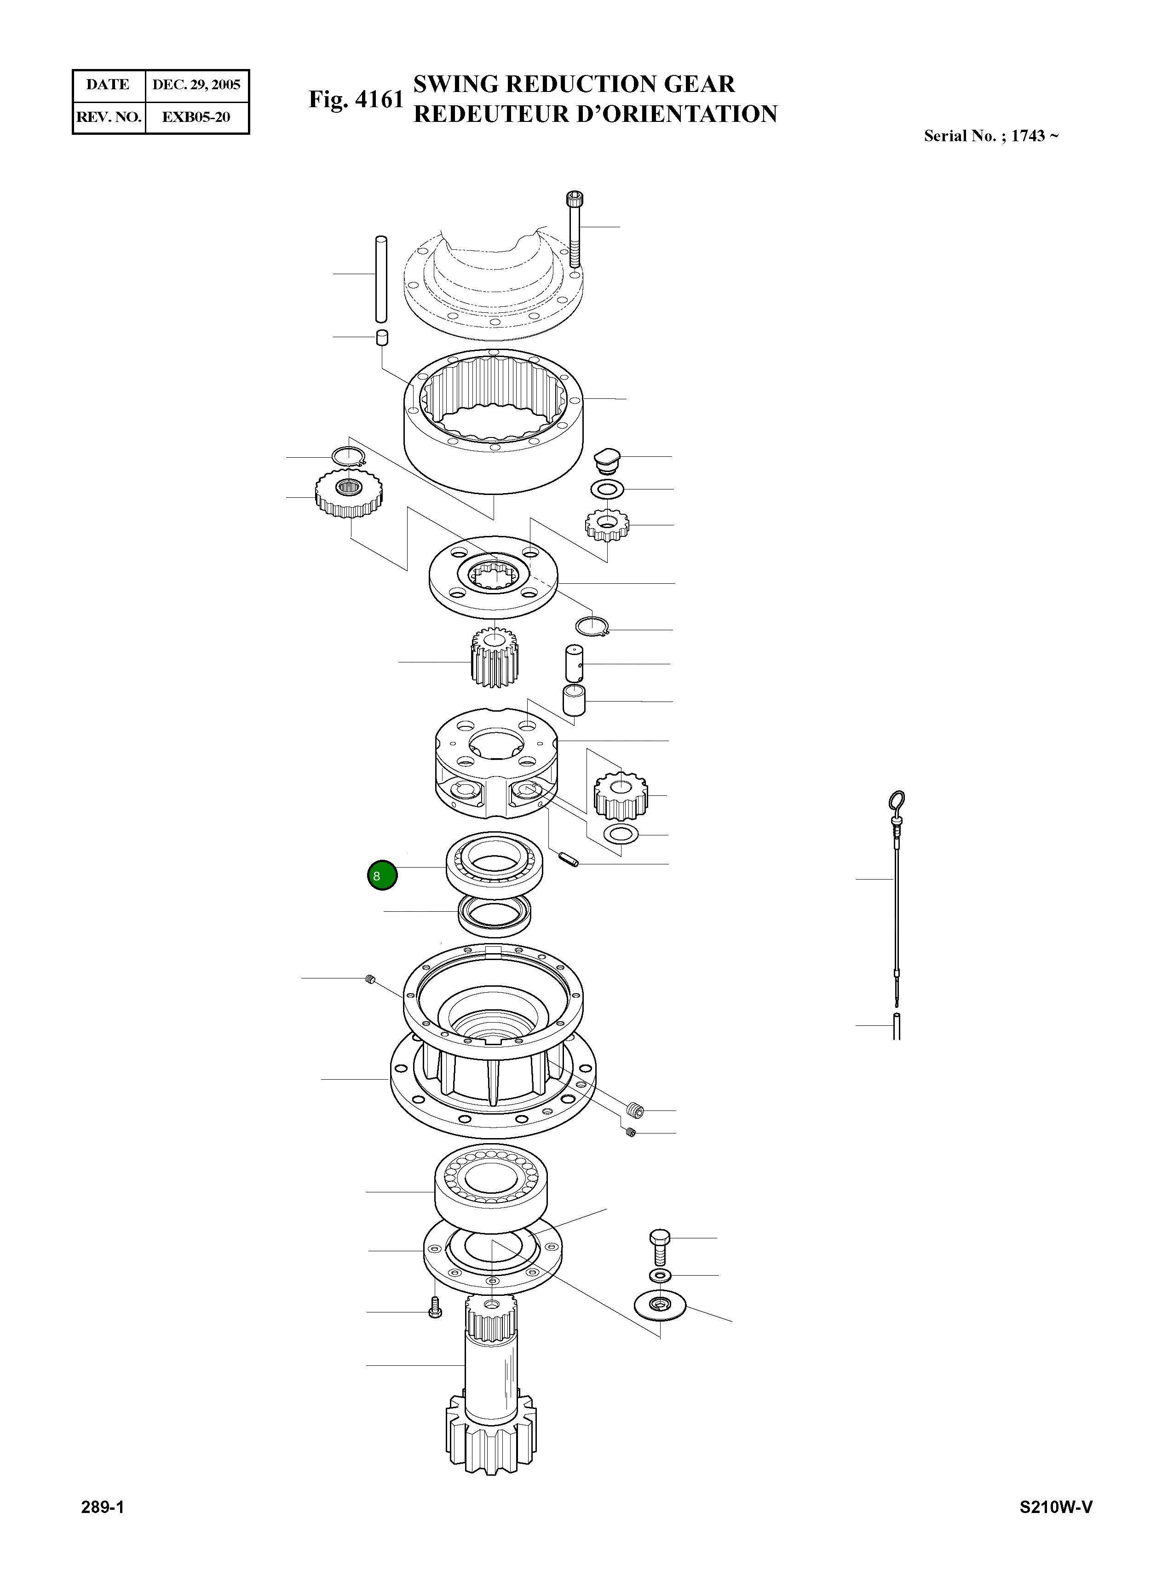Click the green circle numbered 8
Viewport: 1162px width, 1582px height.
(x=382, y=876)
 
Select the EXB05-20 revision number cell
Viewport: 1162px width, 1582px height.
(x=196, y=117)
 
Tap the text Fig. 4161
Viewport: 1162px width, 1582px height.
(x=356, y=99)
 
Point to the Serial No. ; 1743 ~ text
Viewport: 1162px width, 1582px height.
(x=990, y=136)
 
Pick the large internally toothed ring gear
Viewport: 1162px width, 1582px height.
(x=494, y=422)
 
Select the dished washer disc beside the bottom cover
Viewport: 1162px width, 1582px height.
(x=660, y=1306)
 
